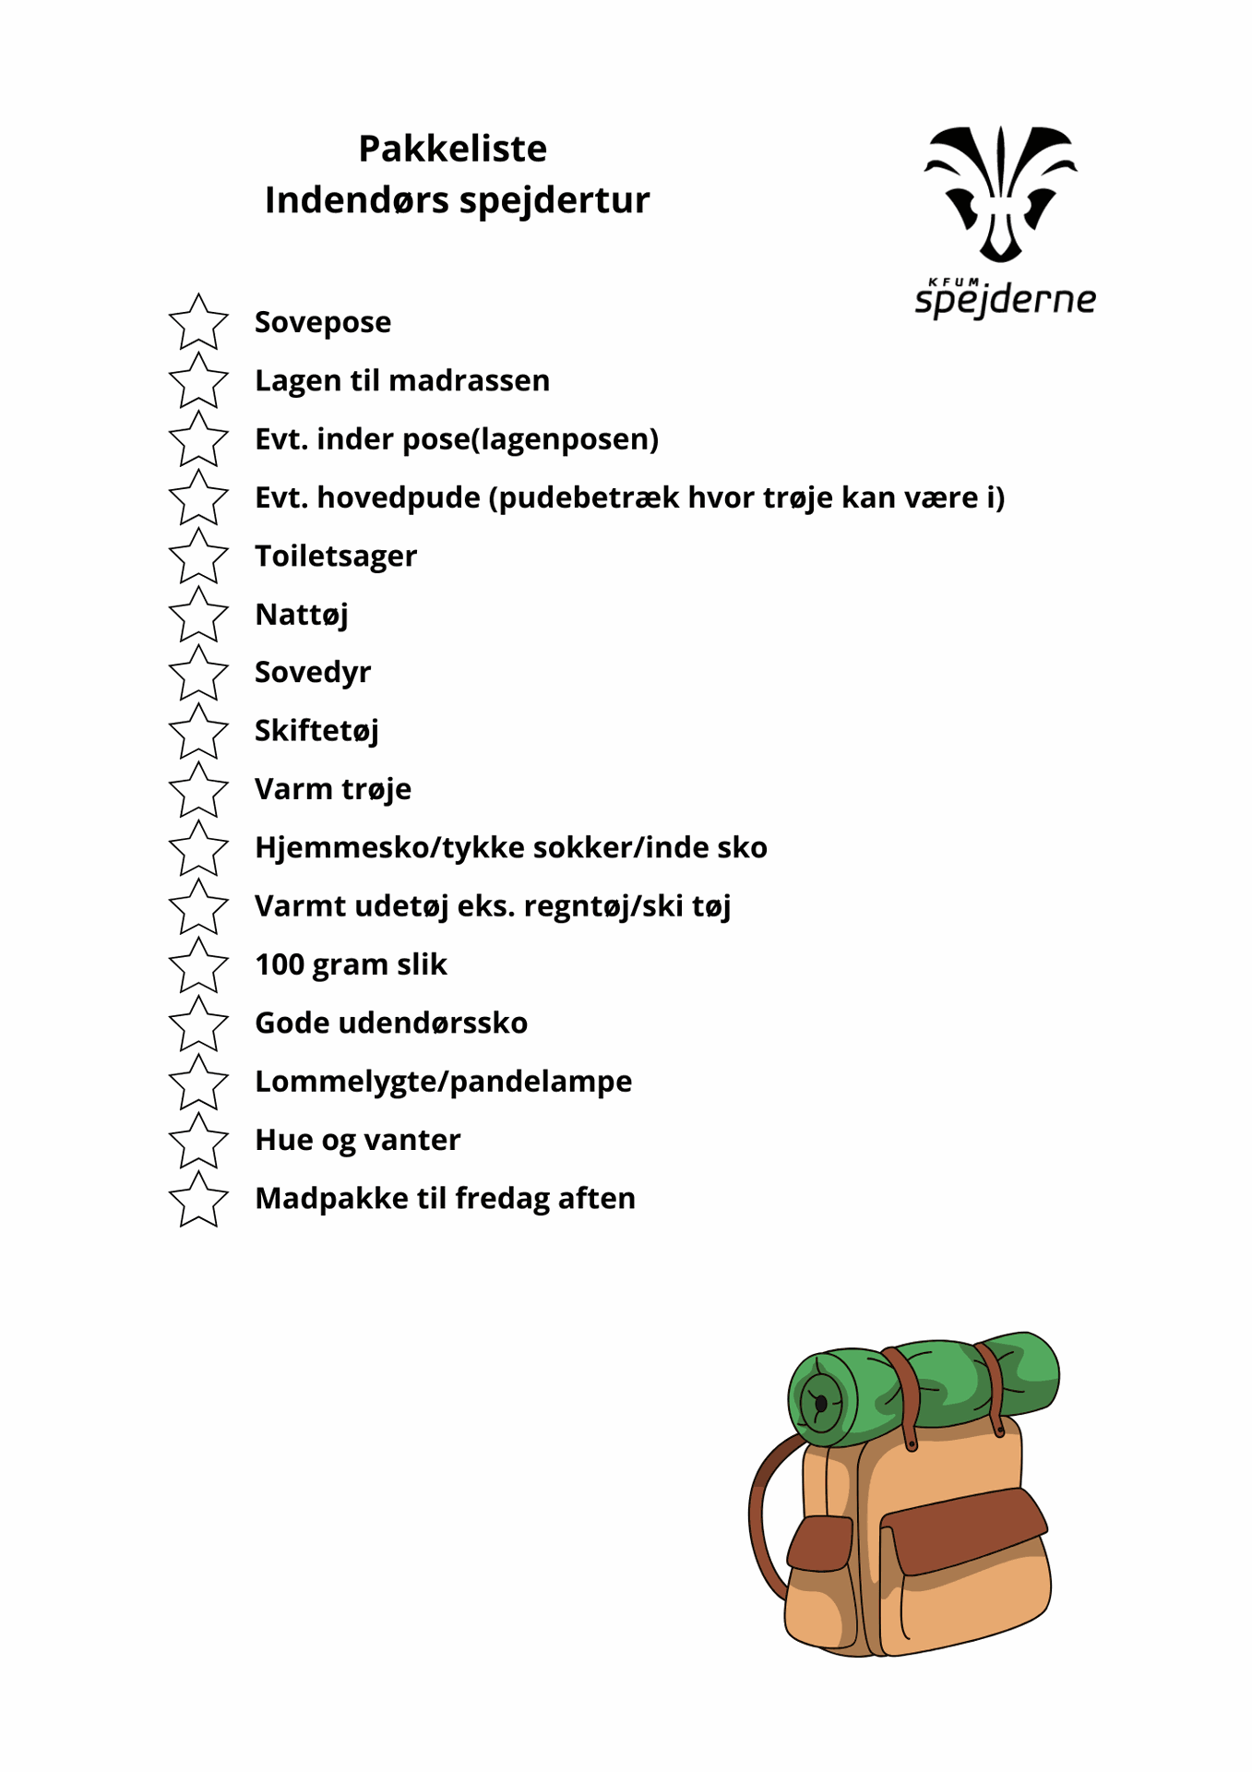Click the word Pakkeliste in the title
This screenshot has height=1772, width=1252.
[x=452, y=149]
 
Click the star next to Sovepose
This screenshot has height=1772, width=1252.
[x=198, y=323]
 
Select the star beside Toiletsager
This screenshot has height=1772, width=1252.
[x=198, y=557]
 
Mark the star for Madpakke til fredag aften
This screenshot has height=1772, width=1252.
[x=198, y=1199]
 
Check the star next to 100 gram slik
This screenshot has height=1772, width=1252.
[x=198, y=965]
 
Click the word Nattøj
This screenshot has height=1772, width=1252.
[x=302, y=615]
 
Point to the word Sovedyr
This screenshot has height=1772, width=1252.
[x=313, y=673]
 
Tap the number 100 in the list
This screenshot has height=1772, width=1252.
[x=280, y=964]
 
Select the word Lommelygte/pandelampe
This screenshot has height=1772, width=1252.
[x=443, y=1082]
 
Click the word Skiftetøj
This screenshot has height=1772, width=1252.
[x=316, y=731]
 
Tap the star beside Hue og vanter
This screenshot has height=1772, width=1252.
[x=198, y=1141]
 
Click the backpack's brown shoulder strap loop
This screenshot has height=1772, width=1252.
[x=763, y=1514]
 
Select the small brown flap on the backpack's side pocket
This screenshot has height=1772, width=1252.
[x=820, y=1542]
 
